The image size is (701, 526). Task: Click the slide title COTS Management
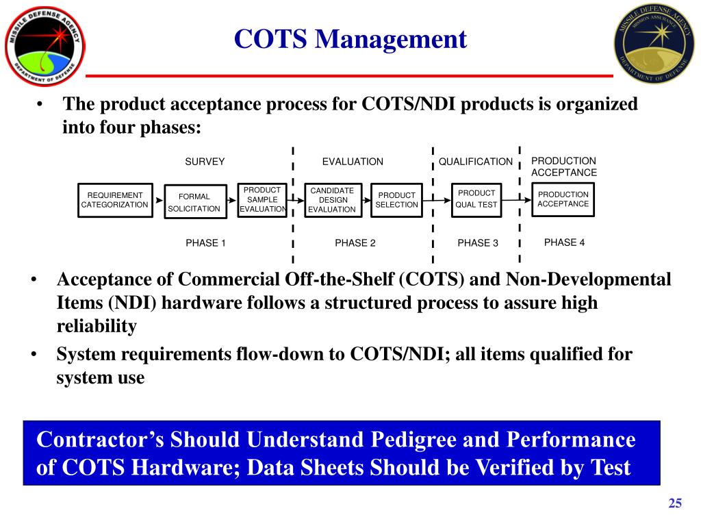350,39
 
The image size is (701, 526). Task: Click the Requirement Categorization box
114,200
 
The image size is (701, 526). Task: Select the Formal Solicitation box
194,202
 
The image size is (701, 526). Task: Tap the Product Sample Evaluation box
262,200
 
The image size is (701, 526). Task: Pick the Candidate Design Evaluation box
332,200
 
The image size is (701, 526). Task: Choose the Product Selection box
396,200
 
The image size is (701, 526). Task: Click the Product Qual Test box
476,199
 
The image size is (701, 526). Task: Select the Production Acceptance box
563,199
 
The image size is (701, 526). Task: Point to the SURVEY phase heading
205,162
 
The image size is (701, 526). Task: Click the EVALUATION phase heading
353,162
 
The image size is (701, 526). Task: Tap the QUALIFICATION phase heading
476,162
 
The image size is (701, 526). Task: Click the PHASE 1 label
205,243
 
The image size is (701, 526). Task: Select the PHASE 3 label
478,243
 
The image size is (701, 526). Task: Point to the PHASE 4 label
564,242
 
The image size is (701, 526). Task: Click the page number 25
676,504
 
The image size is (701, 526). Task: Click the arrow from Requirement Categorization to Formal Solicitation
157,201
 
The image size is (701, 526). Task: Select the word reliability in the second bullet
97,326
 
